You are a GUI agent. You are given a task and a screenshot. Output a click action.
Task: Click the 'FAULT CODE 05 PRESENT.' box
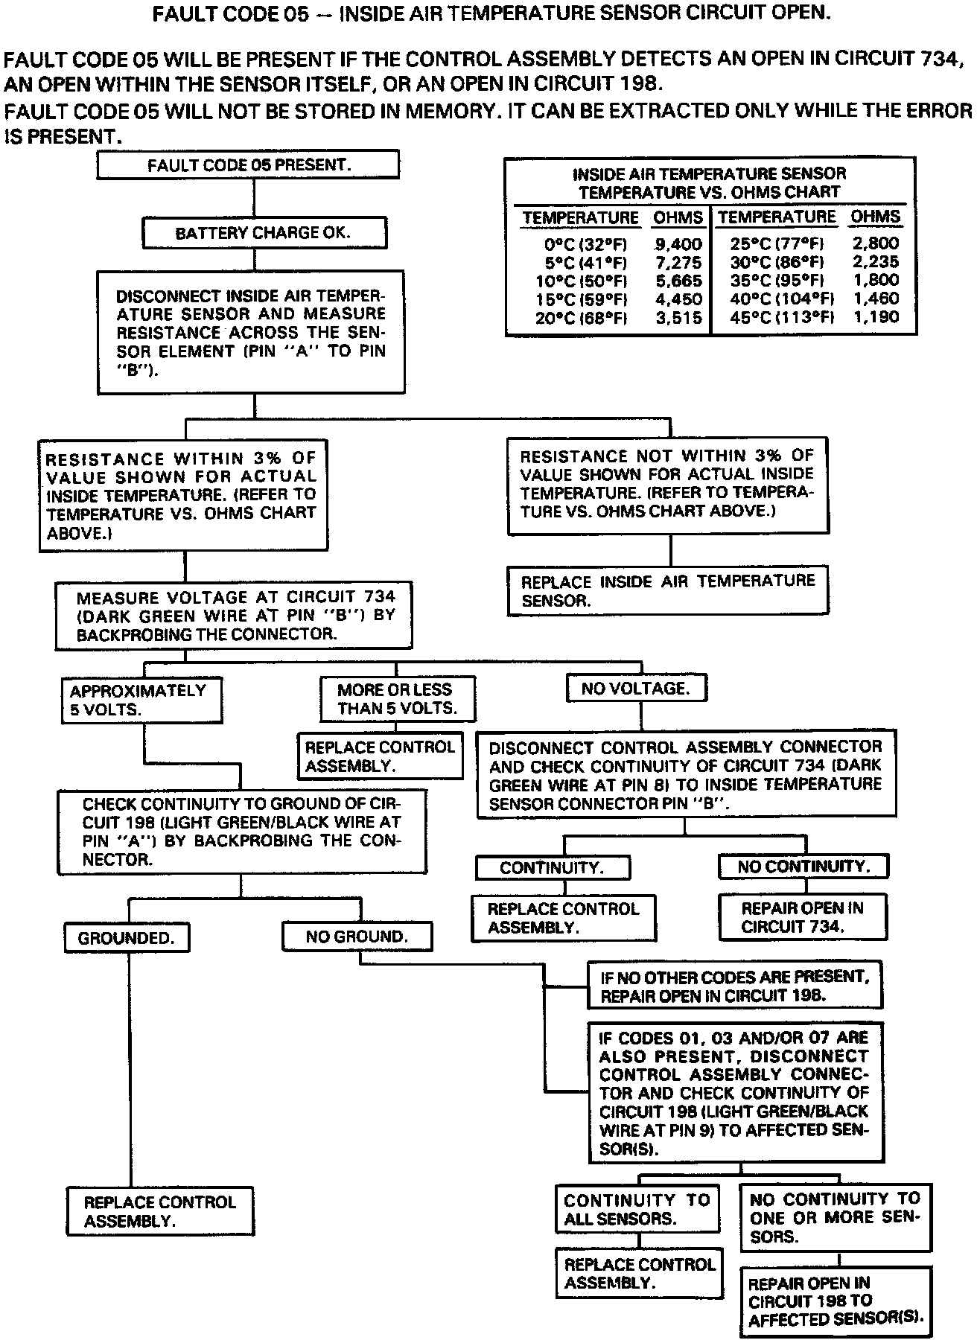248,165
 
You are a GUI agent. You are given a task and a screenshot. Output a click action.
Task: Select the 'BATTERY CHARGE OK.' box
264,233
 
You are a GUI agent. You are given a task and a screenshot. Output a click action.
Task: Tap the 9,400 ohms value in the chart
678,243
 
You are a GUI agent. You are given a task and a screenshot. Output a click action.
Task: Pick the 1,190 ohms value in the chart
875,317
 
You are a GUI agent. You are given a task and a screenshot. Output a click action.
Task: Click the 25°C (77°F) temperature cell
777,243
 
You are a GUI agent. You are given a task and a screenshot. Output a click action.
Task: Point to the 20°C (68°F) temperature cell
582,318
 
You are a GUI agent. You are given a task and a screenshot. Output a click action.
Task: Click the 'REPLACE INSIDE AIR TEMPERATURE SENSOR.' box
668,590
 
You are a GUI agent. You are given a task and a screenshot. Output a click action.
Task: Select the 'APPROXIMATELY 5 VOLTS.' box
141,700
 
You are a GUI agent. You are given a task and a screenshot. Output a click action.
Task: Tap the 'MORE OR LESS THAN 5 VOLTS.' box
398,698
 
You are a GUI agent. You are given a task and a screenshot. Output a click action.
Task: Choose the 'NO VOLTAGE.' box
636,689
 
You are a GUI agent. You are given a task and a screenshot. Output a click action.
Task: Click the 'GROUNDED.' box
127,938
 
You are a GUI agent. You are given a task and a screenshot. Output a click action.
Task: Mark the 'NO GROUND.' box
357,937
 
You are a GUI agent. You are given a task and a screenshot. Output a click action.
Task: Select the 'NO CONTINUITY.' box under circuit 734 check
803,867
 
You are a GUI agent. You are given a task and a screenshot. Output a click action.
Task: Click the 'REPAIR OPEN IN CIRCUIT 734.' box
803,917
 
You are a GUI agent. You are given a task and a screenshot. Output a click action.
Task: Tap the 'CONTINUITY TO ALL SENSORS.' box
637,1209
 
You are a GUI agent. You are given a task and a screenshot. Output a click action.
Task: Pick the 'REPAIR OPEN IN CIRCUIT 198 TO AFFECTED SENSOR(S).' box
836,1301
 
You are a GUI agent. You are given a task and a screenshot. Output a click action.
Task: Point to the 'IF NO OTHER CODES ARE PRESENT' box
735,986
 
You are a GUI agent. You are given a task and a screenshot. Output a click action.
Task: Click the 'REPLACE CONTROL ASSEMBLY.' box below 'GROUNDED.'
159,1211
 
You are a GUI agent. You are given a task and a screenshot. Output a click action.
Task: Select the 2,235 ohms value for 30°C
875,262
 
